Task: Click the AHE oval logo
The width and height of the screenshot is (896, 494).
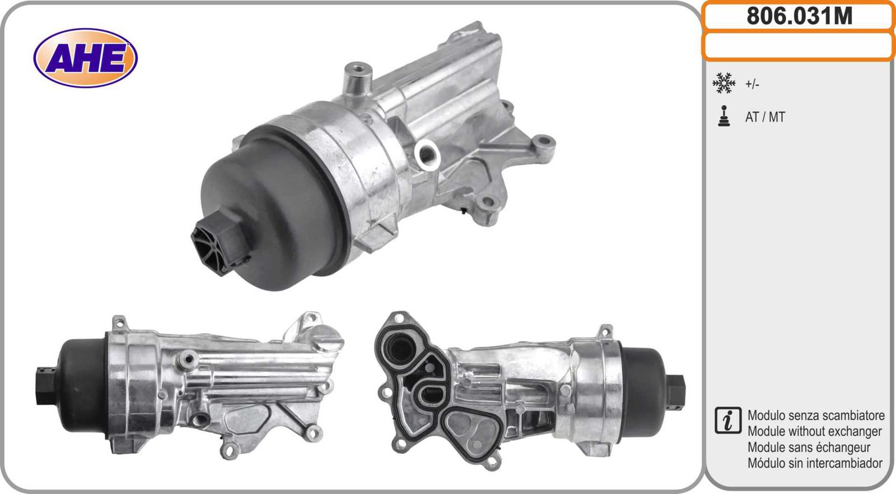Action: coord(85,58)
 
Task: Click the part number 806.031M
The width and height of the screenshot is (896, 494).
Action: coord(800,16)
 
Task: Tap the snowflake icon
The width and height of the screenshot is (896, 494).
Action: coord(724,84)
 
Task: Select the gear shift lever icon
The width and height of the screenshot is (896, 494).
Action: coord(724,116)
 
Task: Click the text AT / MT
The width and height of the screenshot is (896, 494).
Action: coord(765,117)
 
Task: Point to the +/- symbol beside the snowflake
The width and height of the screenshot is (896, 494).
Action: coord(752,84)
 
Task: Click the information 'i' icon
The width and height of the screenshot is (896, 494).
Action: coord(728,421)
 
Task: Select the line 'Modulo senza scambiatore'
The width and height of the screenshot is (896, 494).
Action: coord(816,415)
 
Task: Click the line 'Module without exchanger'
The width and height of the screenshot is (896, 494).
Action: coord(814,432)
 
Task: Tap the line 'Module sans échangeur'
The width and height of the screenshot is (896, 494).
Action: coord(809,447)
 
